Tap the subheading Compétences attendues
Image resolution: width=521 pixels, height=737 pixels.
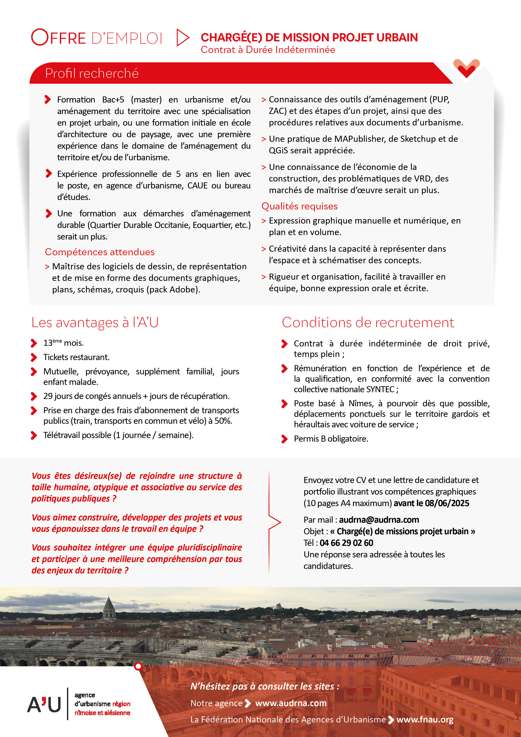point(100,252)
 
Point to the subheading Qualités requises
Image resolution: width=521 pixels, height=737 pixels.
point(300,206)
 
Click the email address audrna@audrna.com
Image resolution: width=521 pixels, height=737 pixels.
point(379,520)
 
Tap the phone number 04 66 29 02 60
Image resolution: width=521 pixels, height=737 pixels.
point(346,543)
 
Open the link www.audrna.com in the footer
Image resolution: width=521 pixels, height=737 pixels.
point(291,703)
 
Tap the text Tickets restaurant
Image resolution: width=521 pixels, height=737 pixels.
point(76,357)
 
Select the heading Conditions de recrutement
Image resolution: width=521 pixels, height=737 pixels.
point(368,323)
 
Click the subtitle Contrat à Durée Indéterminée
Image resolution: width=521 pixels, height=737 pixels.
point(268,50)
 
